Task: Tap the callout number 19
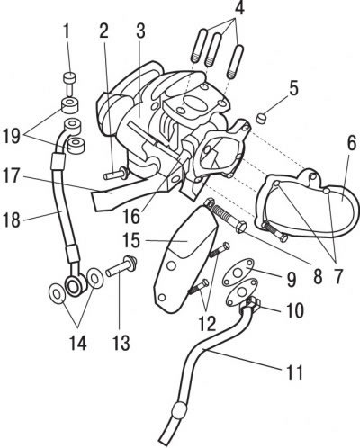pyautogui.click(x=12, y=137)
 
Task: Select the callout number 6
pyautogui.click(x=351, y=144)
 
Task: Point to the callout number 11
pyautogui.click(x=294, y=372)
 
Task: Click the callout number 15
pyautogui.click(x=131, y=240)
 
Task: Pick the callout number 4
pyautogui.click(x=239, y=8)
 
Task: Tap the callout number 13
pyautogui.click(x=121, y=342)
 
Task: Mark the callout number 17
pyautogui.click(x=12, y=176)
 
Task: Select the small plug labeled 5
pyautogui.click(x=262, y=117)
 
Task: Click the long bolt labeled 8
pyautogui.click(x=227, y=217)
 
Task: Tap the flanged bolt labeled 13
pyautogui.click(x=121, y=265)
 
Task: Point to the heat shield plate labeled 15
pyautogui.click(x=184, y=258)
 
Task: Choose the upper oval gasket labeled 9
pyautogui.click(x=238, y=272)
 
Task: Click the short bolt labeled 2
pyautogui.click(x=116, y=174)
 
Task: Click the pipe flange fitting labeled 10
pyautogui.click(x=251, y=303)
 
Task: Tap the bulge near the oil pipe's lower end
pyautogui.click(x=180, y=410)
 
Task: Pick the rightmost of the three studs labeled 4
pyautogui.click(x=236, y=62)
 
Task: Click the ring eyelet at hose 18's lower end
pyautogui.click(x=74, y=286)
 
